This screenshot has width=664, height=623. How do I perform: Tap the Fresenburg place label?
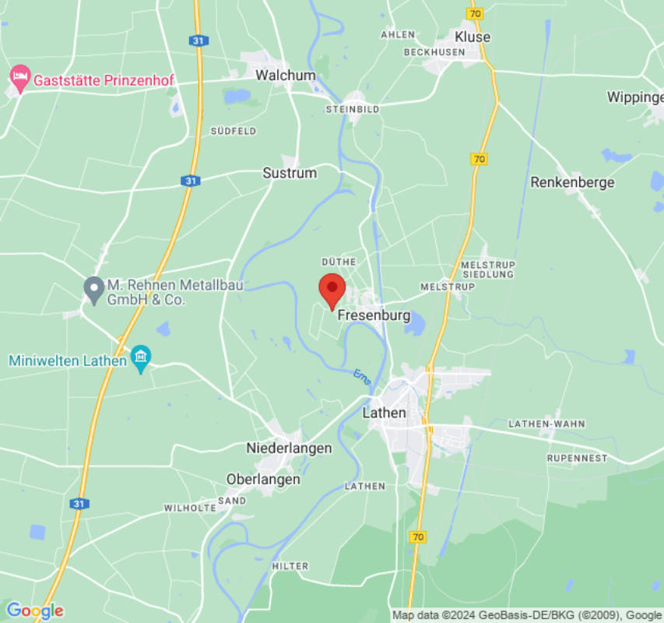(x=374, y=315)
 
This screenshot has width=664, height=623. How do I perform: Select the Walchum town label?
(x=286, y=76)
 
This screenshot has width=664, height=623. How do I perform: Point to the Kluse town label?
(x=473, y=37)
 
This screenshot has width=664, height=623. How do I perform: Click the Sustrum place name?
(x=290, y=173)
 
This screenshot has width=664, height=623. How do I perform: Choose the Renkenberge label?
(x=572, y=182)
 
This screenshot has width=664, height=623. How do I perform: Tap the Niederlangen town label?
(x=289, y=448)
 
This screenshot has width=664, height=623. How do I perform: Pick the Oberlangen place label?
(x=263, y=479)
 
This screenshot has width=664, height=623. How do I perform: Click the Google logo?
(x=33, y=611)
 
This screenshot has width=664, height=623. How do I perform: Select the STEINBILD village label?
(x=353, y=109)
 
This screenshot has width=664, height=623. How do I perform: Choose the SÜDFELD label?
(x=233, y=131)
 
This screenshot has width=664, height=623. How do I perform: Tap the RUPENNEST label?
(x=577, y=458)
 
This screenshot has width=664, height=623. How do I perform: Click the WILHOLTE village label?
(x=190, y=508)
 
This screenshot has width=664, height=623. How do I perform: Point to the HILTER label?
(x=290, y=566)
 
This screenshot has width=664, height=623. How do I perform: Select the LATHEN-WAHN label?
(x=546, y=424)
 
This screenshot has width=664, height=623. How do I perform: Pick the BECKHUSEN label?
(x=434, y=52)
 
